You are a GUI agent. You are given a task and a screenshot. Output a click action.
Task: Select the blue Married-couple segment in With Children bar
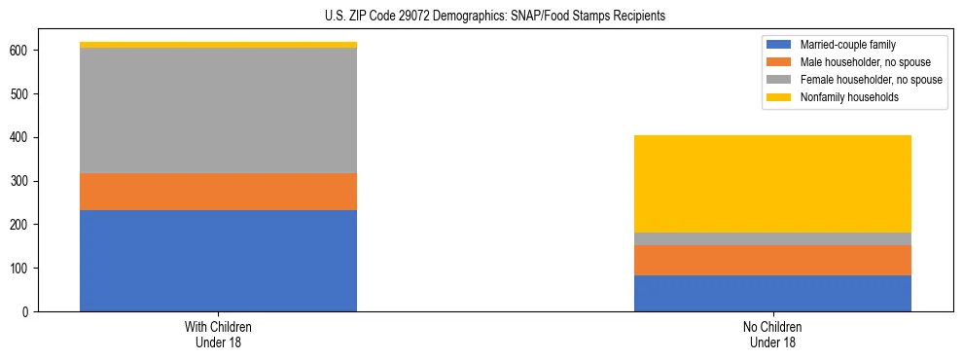218,261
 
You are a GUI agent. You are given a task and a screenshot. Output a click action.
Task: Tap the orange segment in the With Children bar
218,192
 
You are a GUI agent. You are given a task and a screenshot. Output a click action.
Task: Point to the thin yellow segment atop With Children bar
218,45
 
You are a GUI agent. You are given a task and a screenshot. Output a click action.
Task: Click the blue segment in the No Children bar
772,293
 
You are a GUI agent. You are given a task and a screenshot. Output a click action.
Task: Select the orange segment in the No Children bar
772,260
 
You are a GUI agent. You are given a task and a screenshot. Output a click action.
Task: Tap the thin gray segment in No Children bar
772,238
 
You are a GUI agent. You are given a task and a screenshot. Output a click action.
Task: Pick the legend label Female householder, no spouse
871,80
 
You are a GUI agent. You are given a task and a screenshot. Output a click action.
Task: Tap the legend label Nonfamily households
842,97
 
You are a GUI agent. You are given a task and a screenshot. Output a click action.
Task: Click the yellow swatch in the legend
779,97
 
